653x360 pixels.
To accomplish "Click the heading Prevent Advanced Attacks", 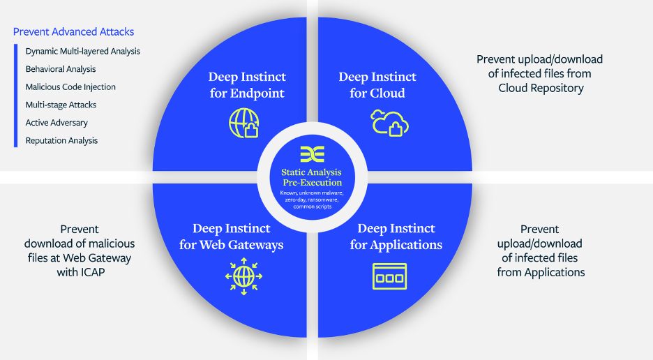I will click(73, 31).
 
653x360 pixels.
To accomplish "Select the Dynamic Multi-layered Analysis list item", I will click(82, 52).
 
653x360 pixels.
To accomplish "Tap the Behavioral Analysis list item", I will click(61, 69).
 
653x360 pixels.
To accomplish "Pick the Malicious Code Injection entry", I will click(70, 87).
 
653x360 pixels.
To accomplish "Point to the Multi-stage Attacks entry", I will click(61, 105).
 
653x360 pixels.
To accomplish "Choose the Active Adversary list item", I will click(57, 123).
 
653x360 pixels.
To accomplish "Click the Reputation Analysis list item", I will click(61, 141).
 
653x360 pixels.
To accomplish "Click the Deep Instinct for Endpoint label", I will click(247, 84).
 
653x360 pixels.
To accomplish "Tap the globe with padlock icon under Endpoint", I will click(243, 123).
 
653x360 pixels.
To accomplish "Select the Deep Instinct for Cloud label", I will click(377, 84).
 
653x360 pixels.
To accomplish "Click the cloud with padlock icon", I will click(389, 123).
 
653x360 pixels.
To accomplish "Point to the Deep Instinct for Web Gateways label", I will click(231, 237).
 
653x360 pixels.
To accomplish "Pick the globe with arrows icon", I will click(243, 276).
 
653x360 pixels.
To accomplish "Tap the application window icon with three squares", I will click(389, 276).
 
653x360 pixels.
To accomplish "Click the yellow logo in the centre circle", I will click(311, 154).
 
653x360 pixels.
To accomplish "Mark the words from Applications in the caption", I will click(541, 272).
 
